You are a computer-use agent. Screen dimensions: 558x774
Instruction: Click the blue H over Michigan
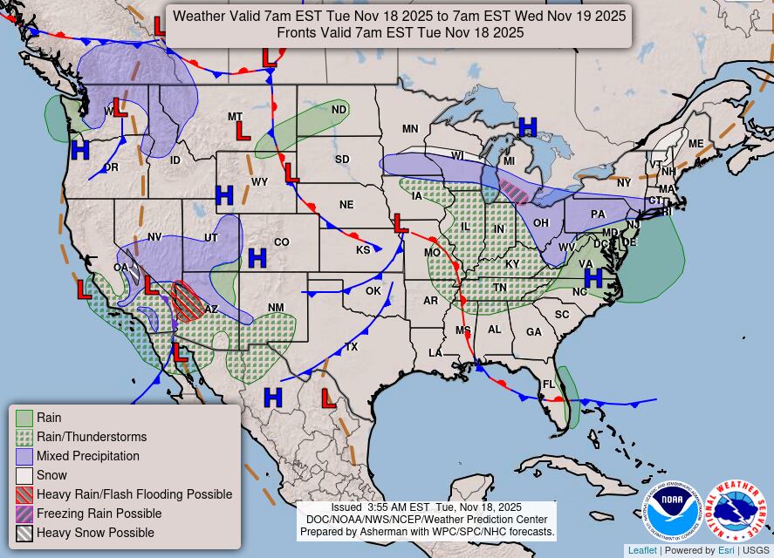coord(528,127)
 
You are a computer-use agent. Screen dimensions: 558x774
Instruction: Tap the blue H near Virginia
coord(593,278)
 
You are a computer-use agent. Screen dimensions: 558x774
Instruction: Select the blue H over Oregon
coord(80,150)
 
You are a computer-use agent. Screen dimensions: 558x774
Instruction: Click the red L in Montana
coord(243,132)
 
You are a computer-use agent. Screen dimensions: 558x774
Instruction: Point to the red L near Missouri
coord(401,223)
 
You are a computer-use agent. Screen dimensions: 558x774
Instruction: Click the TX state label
coord(352,347)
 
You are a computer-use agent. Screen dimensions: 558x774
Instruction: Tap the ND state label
coord(339,110)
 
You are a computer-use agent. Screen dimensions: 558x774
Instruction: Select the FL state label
coord(549,384)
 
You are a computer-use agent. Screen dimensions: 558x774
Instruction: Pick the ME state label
coord(695,144)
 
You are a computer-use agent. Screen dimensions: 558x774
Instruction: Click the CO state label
coord(281,242)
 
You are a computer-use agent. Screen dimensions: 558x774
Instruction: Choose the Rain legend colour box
coord(24,418)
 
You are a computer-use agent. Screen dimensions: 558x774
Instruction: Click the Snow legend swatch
coord(24,476)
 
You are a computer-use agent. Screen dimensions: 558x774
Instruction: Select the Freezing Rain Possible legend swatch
coord(24,514)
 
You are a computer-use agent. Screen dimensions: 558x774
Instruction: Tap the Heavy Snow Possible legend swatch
coord(24,534)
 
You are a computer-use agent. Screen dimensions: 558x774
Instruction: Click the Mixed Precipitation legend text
coord(87,456)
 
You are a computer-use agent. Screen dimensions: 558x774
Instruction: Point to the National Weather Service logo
coord(735,512)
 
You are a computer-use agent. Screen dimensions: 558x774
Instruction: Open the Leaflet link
coord(642,550)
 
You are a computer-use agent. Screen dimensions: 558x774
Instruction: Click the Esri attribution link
coord(726,550)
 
